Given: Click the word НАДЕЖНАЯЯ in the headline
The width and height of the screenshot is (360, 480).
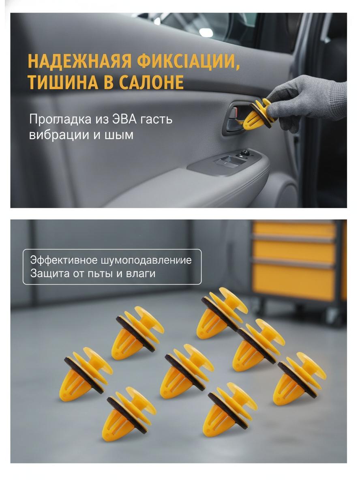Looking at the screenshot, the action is click(80, 61).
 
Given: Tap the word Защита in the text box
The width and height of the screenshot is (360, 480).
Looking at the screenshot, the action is click(49, 273).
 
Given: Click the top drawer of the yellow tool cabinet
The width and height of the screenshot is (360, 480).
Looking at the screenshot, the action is click(294, 230).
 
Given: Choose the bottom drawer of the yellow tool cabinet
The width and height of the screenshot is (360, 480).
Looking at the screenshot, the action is click(294, 282).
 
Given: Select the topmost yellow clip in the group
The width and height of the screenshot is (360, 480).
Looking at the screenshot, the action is click(222, 312).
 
